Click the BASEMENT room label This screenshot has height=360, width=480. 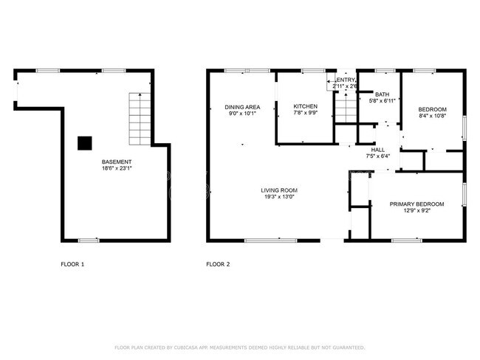tap(117, 162)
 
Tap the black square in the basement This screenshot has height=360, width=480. tap(86, 143)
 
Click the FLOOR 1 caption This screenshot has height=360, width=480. tap(72, 264)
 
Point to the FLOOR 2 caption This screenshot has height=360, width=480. tap(218, 264)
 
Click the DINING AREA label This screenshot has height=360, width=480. tap(243, 108)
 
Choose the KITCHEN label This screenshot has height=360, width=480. tap(305, 106)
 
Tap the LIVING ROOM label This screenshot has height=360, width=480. tap(279, 190)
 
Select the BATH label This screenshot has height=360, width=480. tap(382, 94)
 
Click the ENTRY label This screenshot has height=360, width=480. tap(346, 80)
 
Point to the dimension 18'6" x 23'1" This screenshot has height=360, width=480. tap(117, 168)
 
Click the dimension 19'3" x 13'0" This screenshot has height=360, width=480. tap(279, 197)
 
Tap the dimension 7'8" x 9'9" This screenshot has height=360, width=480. tap(305, 114)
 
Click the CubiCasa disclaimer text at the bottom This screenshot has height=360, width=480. tap(239, 347)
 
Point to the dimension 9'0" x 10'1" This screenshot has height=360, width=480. tap(243, 114)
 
